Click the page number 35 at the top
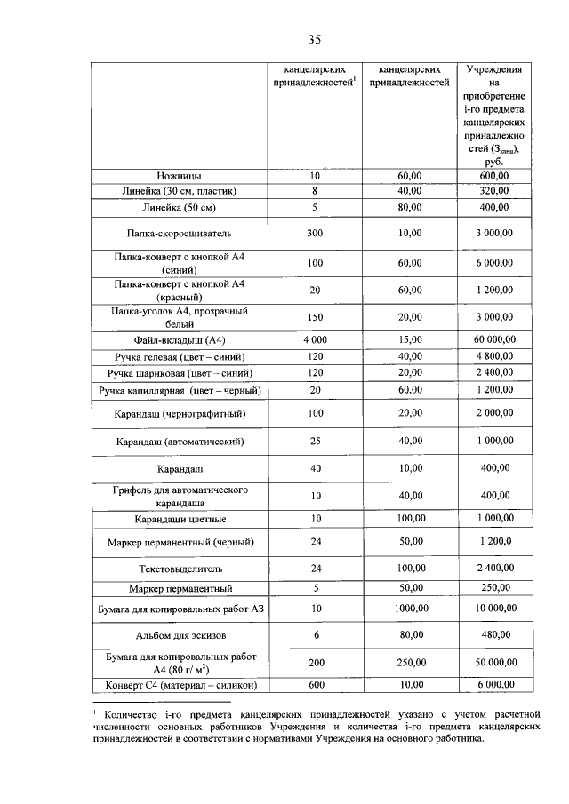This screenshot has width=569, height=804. (x=314, y=39)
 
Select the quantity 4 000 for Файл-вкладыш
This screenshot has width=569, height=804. (x=314, y=339)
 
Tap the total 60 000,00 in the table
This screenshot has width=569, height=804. (x=495, y=339)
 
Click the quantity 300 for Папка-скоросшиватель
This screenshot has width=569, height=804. (x=314, y=234)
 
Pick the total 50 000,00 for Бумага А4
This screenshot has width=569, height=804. (x=495, y=663)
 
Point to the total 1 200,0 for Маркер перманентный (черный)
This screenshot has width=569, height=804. (x=495, y=541)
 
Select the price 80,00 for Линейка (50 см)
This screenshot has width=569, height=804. (x=410, y=207)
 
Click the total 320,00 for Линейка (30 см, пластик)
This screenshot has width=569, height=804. (x=495, y=190)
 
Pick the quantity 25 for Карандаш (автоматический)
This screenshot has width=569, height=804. (x=314, y=441)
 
